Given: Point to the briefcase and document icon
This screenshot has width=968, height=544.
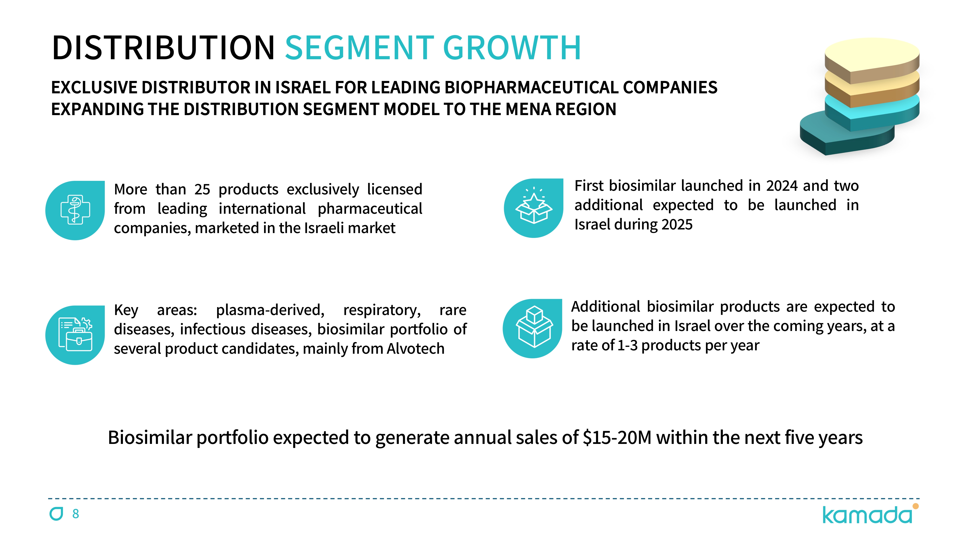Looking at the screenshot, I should click(76, 334).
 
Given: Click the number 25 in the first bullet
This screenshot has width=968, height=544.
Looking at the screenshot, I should click(202, 190).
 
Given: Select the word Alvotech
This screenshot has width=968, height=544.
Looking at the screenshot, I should click(415, 349).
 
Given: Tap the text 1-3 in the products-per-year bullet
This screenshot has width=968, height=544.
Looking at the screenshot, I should click(627, 346).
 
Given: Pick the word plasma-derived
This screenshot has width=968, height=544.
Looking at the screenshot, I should click(270, 310).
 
